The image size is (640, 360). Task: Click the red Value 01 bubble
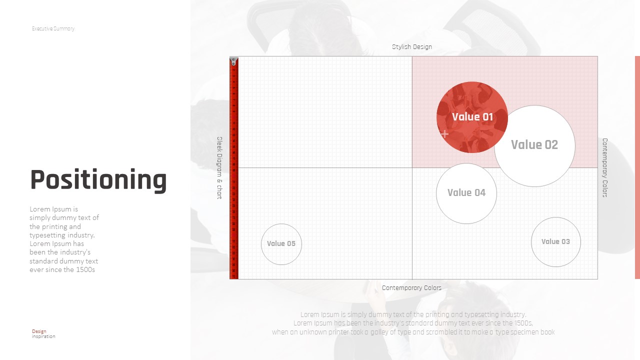point(472,117)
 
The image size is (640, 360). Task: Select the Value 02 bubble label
point(534,144)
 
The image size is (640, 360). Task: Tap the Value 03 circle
point(555,242)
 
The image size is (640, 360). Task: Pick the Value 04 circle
point(466,193)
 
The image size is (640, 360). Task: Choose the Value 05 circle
point(281,244)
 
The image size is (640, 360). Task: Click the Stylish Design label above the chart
point(411,47)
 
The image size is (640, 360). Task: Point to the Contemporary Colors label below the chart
point(411,287)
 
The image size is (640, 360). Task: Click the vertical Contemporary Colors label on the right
point(604,167)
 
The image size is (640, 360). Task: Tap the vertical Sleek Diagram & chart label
point(219,167)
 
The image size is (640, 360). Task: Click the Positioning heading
point(98,179)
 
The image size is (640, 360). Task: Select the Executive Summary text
point(53,28)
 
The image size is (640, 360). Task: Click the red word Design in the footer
point(39,331)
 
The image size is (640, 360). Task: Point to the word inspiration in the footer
point(43,336)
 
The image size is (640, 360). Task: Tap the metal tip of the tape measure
point(233,60)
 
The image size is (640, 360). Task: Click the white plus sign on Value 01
point(444,133)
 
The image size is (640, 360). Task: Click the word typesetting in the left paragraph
point(47,235)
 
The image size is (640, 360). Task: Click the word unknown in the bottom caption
point(313,332)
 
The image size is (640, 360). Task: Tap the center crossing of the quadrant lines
point(412,167)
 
